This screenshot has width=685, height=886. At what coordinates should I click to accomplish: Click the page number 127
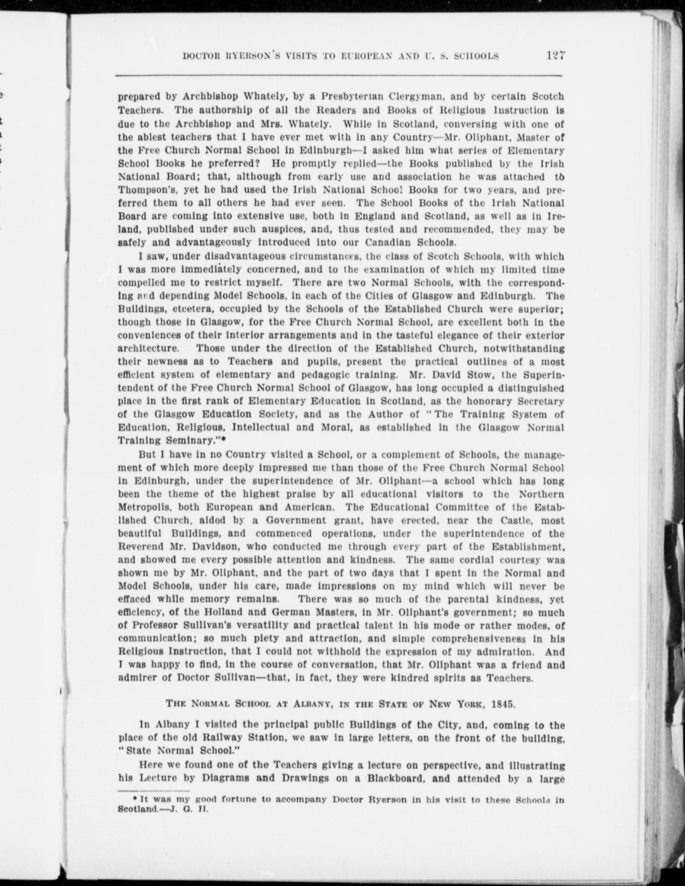pyautogui.click(x=553, y=56)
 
